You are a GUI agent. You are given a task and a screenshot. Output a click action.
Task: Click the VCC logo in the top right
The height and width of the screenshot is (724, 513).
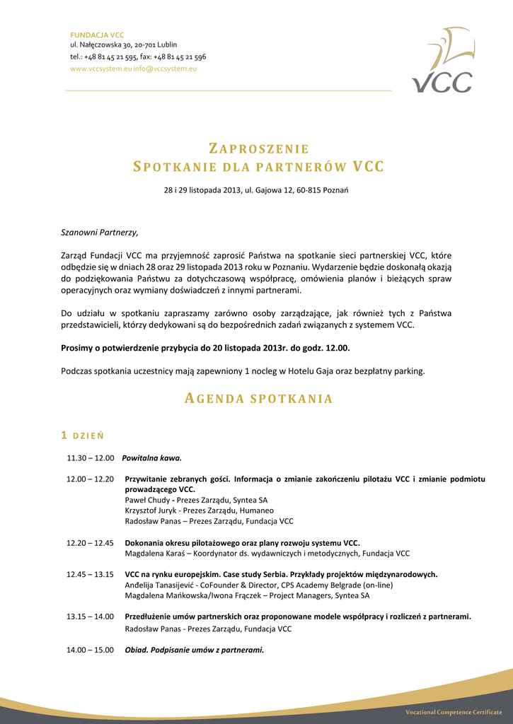point(443,62)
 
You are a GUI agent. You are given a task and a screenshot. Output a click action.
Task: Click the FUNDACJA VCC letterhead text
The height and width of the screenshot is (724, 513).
point(97,35)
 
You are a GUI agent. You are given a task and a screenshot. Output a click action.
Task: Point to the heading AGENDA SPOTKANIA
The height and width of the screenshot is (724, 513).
point(258,399)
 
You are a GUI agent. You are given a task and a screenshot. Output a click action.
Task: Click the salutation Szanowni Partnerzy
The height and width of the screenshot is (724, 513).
point(100,232)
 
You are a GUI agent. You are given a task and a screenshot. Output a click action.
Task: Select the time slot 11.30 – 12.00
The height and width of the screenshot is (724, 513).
point(91,457)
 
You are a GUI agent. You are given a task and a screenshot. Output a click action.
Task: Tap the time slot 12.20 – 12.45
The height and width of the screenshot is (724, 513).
point(91,543)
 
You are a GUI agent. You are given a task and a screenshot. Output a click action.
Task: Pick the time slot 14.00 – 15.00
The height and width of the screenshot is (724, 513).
point(91,650)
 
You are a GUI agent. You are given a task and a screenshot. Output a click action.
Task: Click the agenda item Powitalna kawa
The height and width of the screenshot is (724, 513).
point(151,457)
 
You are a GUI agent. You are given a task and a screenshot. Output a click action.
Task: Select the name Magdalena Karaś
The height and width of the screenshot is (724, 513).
point(151,554)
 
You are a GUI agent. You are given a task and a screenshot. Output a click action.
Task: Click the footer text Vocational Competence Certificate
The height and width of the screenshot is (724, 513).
point(454,711)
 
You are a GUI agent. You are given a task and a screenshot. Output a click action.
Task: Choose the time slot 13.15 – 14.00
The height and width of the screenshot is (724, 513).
point(91,617)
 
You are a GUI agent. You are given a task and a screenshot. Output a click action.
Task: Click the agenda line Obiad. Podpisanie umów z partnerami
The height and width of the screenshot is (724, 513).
point(194,650)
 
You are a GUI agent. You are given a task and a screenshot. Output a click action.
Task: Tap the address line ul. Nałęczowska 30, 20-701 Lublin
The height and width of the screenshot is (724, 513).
point(123,45)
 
